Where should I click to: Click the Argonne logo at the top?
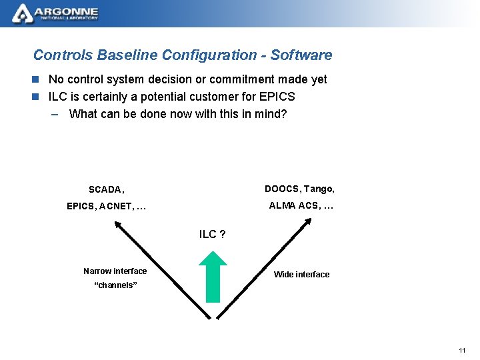[x=56, y=13]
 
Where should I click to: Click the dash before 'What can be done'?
[x=55, y=114]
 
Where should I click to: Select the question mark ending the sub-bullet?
[x=283, y=114]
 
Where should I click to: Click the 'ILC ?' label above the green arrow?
[x=212, y=234]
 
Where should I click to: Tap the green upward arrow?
[x=213, y=277]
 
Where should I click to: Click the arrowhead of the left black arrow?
[x=117, y=224]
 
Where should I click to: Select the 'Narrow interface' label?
[x=115, y=271]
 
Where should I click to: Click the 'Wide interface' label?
[x=301, y=275]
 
